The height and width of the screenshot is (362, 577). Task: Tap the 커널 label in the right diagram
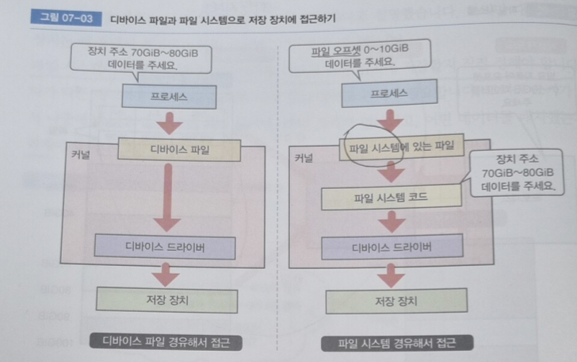(303, 158)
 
